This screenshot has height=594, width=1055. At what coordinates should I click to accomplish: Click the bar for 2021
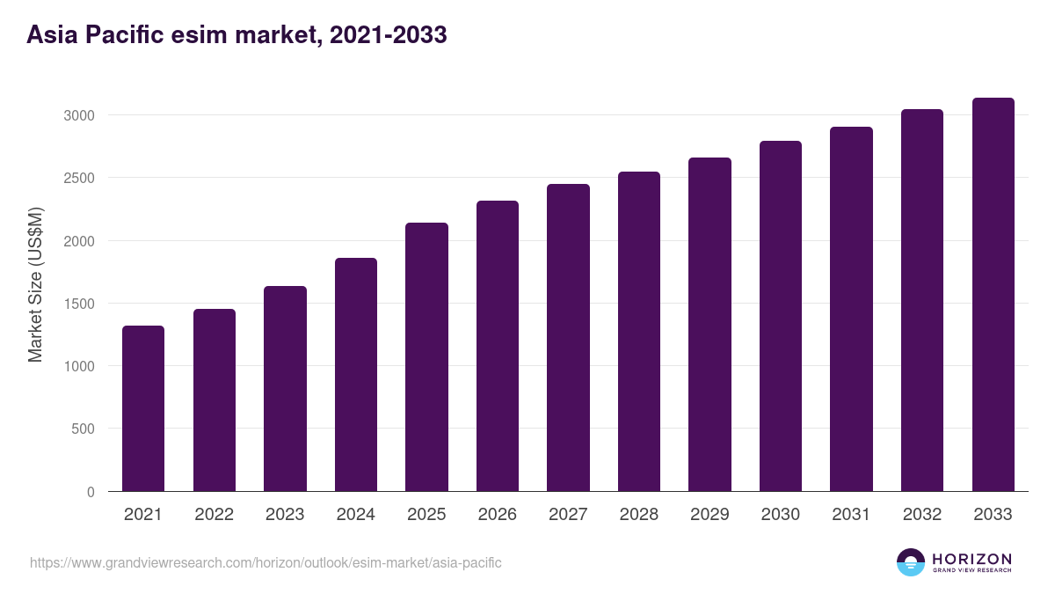[x=143, y=408]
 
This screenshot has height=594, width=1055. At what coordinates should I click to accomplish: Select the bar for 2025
[x=426, y=356]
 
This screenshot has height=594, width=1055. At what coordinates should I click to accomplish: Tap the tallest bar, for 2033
[x=993, y=294]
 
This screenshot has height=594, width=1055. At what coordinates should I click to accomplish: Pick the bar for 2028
[x=639, y=331]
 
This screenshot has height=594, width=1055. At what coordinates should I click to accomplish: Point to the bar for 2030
[x=781, y=316]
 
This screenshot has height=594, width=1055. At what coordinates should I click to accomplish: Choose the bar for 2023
[x=285, y=388]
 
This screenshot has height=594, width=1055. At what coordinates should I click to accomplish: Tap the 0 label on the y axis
[x=90, y=492]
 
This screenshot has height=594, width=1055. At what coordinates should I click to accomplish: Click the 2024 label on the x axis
[x=355, y=515]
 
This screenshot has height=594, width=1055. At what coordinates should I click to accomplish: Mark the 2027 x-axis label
[x=568, y=515]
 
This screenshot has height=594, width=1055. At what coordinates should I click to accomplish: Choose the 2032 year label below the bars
[x=922, y=515]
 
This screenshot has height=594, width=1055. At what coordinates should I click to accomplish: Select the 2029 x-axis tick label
[x=709, y=515]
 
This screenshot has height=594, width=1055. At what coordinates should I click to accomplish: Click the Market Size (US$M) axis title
[x=35, y=285]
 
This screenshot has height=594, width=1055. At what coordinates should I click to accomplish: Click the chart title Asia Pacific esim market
[x=236, y=35]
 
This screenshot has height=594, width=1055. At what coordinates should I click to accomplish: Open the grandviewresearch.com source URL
[x=266, y=562]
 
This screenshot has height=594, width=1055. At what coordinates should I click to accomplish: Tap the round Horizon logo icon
[x=911, y=562]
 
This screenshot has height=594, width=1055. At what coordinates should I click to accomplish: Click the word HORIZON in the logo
[x=971, y=558]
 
